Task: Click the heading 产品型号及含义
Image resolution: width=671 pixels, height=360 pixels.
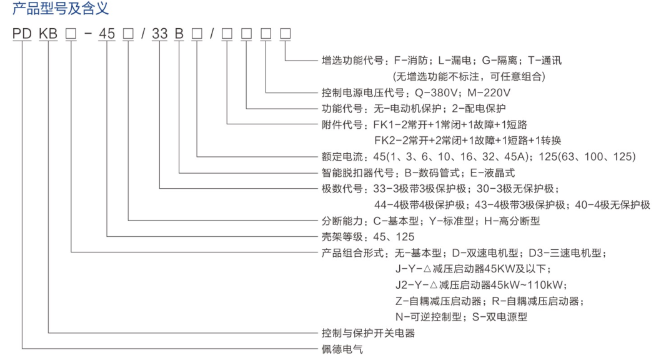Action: (61, 8)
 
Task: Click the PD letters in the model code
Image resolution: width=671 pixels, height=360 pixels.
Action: (22, 33)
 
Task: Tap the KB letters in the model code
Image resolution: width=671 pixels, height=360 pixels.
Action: (48, 33)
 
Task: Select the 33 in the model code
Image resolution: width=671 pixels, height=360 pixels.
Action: (159, 33)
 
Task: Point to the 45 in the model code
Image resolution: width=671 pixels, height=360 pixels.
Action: (107, 33)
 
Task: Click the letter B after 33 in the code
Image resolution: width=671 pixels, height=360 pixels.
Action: (179, 33)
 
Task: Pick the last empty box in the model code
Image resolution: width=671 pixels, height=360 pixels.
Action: (286, 33)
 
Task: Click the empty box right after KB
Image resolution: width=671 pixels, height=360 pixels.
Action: (71, 33)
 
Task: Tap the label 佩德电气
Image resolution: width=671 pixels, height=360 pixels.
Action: (342, 349)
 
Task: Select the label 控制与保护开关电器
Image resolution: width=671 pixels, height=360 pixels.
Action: (368, 333)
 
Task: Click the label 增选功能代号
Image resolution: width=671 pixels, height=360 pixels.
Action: (352, 61)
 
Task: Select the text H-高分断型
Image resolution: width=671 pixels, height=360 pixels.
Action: (512, 221)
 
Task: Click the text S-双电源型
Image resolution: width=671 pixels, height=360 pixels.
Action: (499, 317)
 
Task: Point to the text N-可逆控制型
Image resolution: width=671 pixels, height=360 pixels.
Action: (429, 317)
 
